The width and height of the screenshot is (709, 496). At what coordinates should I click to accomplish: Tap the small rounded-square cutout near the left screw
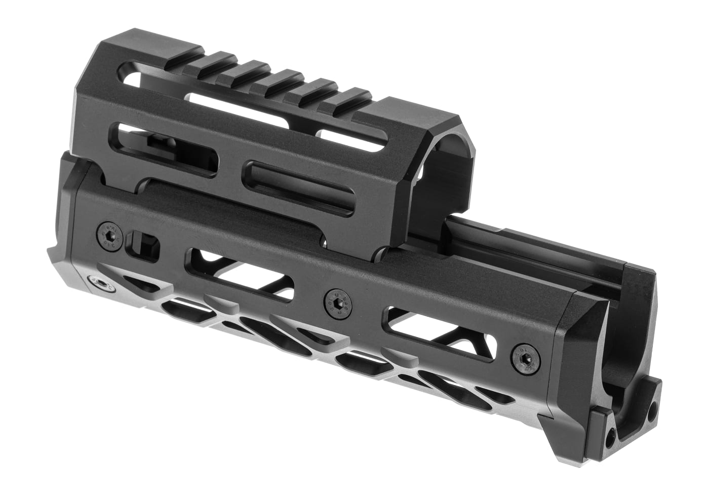[x=146, y=243]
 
